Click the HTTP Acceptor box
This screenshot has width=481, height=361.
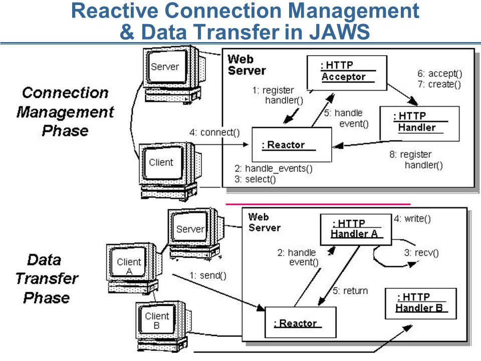pyautogui.click(x=347, y=73)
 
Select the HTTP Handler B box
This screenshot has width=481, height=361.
pyautogui.click(x=420, y=304)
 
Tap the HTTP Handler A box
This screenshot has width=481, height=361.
pyautogui.click(x=356, y=230)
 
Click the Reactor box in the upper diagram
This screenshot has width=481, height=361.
pyautogui.click(x=292, y=144)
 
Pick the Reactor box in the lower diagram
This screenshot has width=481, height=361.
pyautogui.click(x=300, y=322)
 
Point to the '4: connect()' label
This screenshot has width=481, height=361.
pyautogui.click(x=214, y=132)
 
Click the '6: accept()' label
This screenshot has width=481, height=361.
pyautogui.click(x=439, y=74)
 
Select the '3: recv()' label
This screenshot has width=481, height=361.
pyautogui.click(x=421, y=253)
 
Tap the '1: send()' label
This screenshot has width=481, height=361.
pyautogui.click(x=207, y=275)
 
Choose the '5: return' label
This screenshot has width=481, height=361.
pyautogui.click(x=350, y=291)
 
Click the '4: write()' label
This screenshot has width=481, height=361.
pyautogui.click(x=412, y=219)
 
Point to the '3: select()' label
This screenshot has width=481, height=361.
pyautogui.click(x=255, y=179)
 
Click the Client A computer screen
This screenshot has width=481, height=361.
pyautogui.click(x=129, y=262)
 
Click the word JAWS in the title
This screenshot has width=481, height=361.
pyautogui.click(x=339, y=32)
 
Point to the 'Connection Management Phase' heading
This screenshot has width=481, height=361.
pyautogui.click(x=65, y=112)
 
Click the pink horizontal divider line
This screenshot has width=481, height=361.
pyautogui.click(x=318, y=204)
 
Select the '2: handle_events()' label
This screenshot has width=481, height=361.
pyautogui.click(x=274, y=168)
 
